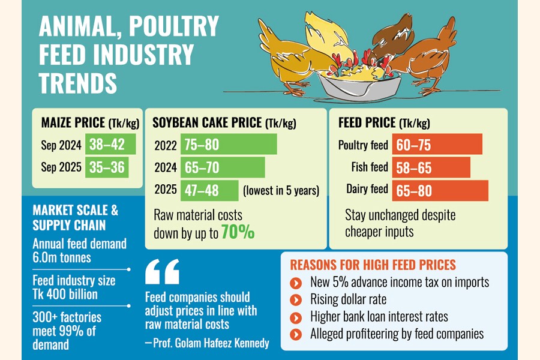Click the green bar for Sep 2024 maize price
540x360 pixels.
pyautogui.click(x=111, y=145)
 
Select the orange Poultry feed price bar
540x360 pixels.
pyautogui.click(x=437, y=145)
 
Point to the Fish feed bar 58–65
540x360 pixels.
pyautogui.click(x=431, y=167)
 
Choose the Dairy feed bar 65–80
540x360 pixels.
pyautogui.click(x=440, y=190)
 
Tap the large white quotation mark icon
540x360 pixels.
pyautogui.click(x=162, y=272)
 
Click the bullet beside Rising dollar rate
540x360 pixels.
pyautogui.click(x=294, y=299)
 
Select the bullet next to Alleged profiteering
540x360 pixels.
pyautogui.click(x=294, y=334)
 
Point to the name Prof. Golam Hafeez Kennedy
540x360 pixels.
pyautogui.click(x=208, y=343)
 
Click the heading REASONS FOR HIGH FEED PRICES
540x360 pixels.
pyautogui.click(x=373, y=265)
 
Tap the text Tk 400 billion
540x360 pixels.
pyautogui.click(x=65, y=295)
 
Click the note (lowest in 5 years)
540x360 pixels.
pyautogui.click(x=281, y=191)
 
